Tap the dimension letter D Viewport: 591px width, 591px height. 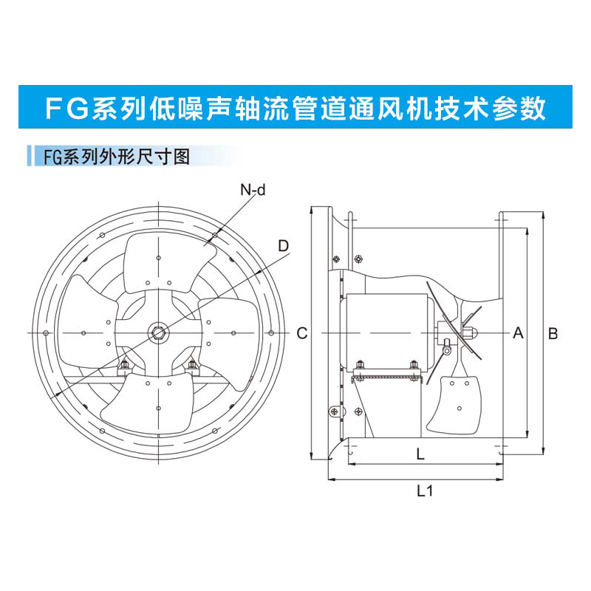click(283, 246)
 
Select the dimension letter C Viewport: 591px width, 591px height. click(301, 333)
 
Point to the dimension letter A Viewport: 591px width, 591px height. click(518, 333)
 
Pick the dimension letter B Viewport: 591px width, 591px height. click(553, 333)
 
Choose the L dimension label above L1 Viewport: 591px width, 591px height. click(420, 455)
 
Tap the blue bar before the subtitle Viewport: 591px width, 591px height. click(29, 157)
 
